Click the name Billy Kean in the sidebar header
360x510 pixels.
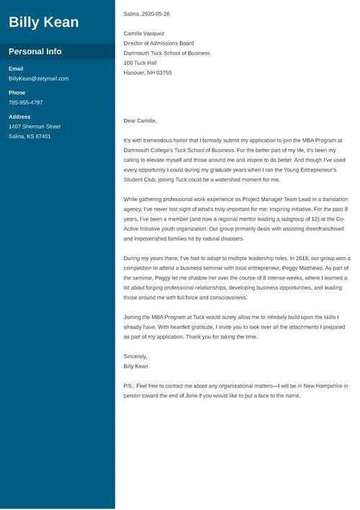43,22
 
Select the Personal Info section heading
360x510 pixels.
35,52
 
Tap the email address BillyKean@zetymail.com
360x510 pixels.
39,79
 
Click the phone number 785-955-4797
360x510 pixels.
26,102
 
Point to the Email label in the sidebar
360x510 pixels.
16,68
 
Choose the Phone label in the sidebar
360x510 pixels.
17,93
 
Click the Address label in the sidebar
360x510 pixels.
19,117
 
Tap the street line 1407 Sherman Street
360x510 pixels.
35,127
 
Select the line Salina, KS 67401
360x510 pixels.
30,136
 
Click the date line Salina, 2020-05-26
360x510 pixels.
147,14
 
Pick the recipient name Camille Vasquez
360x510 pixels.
144,34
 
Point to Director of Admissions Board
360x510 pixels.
159,43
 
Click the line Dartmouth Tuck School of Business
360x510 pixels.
167,53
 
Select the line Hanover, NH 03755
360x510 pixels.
148,73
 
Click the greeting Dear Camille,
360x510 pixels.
140,121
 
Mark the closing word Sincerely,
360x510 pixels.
135,356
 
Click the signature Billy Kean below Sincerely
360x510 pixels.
136,366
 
